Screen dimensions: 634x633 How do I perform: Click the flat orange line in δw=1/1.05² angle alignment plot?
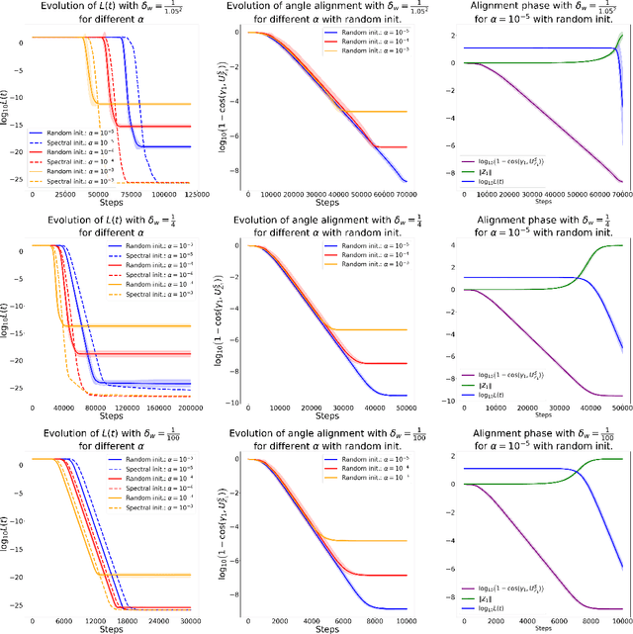381,112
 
